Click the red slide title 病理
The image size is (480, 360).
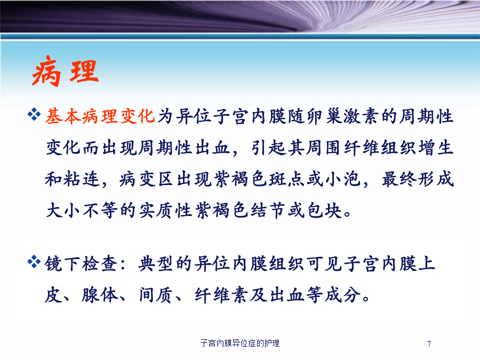pos(65,71)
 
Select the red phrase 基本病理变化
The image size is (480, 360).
pos(100,116)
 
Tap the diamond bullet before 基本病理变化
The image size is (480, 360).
pos(34,115)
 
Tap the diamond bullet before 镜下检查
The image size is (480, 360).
pos(34,262)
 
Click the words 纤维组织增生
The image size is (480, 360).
pos(398,148)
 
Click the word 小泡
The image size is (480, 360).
pos(343,179)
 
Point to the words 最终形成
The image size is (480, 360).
pos(418,179)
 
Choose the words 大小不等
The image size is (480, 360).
pos(82,211)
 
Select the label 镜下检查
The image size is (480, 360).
pos(82,263)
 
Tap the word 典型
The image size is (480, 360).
pos(156,263)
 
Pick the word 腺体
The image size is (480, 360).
pos(100,295)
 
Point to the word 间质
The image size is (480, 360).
pos(156,295)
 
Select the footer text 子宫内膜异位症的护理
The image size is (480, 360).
pos(240,343)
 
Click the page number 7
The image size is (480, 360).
pos(429,344)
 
